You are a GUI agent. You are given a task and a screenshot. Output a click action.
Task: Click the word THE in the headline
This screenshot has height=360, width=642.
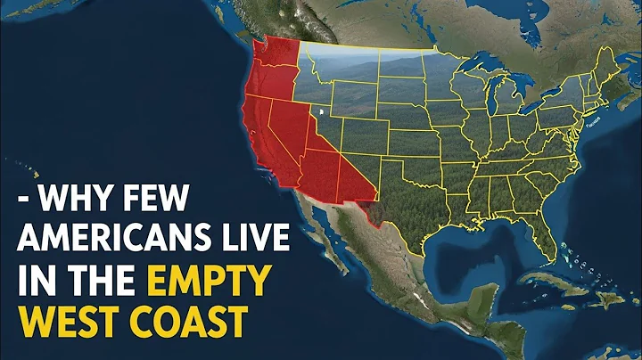(110, 282)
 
